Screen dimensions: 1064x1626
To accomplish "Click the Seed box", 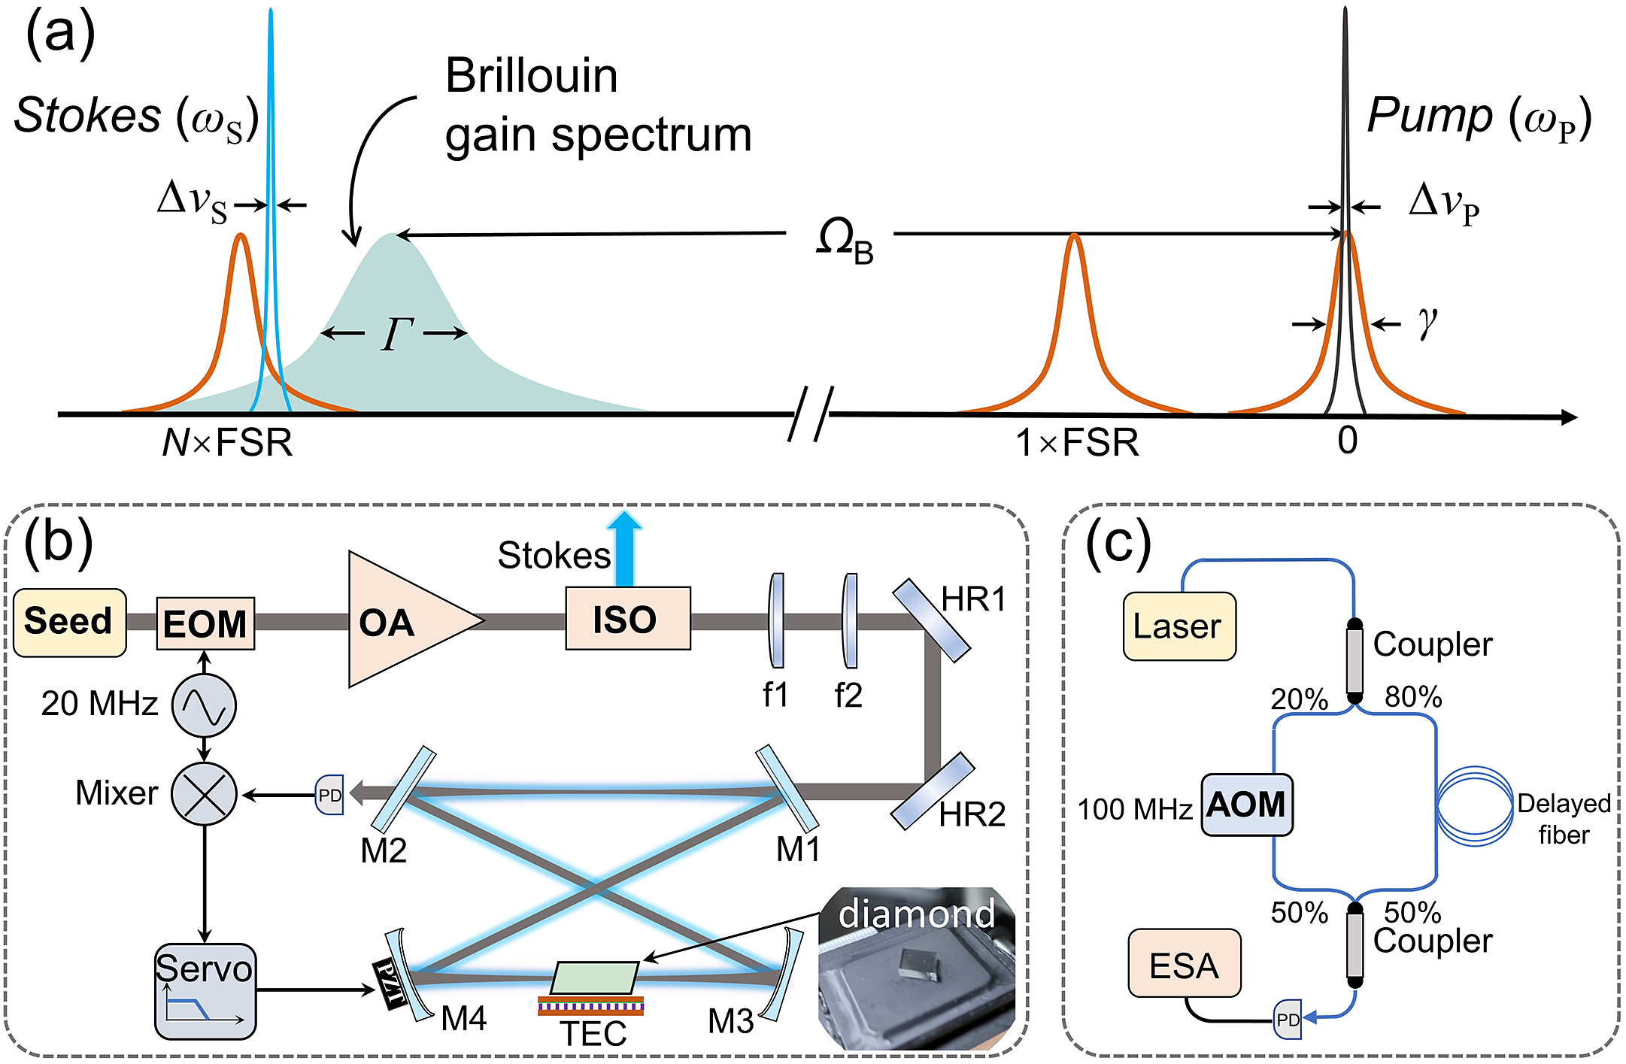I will click(x=69, y=623).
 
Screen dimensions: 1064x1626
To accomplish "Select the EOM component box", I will click(x=205, y=623).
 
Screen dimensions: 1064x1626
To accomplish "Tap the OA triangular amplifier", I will click(x=399, y=621).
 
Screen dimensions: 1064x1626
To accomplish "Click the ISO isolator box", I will click(x=627, y=619).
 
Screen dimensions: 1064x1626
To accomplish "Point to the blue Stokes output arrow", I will click(x=624, y=549).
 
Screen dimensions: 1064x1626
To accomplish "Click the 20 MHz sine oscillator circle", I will click(x=204, y=705).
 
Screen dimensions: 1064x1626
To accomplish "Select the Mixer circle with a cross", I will click(x=204, y=794).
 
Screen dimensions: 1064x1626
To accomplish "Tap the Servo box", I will click(x=205, y=991).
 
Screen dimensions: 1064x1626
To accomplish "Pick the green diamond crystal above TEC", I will click(x=594, y=978).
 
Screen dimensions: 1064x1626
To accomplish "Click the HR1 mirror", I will click(x=930, y=620).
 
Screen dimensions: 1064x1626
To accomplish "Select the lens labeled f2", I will click(x=850, y=621).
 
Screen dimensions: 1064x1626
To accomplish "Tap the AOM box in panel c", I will click(x=1246, y=805).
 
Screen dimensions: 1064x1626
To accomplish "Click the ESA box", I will click(x=1184, y=963).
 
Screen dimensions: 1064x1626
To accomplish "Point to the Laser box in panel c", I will click(x=1179, y=626).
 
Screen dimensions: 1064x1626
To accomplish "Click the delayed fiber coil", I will click(x=1474, y=806).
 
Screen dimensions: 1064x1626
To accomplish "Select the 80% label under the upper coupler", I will click(x=1413, y=697).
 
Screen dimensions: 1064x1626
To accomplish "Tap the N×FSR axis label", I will click(x=227, y=442).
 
